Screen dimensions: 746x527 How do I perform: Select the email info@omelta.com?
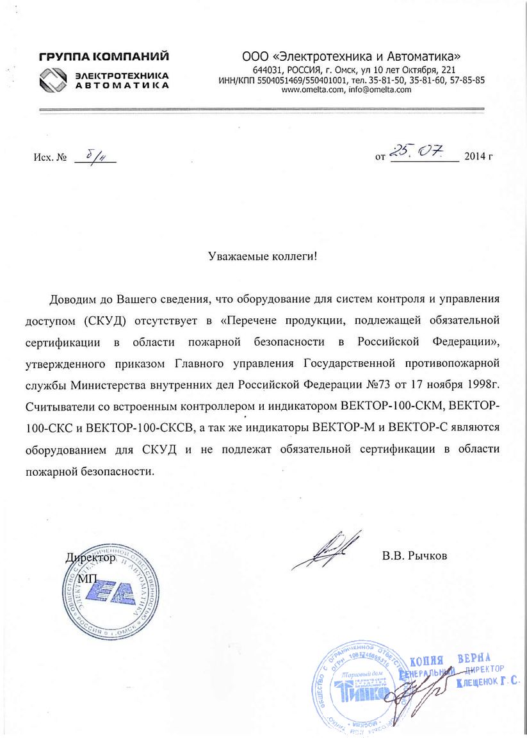click(x=374, y=90)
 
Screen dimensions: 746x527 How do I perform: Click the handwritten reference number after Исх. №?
click(x=93, y=155)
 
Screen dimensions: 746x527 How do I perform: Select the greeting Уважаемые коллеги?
click(x=263, y=256)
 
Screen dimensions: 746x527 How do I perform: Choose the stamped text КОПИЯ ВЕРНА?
click(x=450, y=660)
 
